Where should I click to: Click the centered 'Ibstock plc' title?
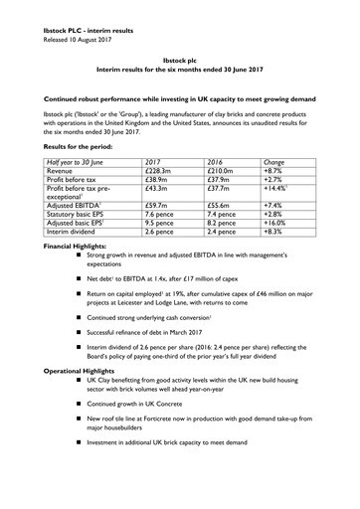coord(180,59)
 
